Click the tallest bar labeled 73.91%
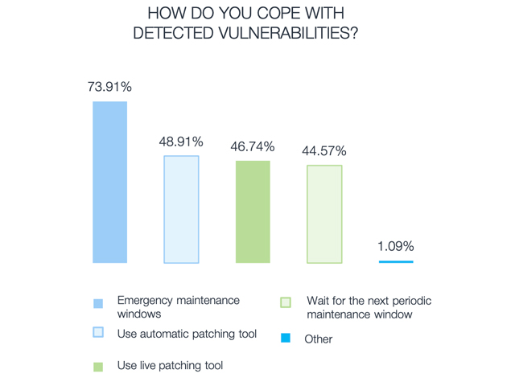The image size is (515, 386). tap(109, 183)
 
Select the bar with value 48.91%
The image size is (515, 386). tap(181, 209)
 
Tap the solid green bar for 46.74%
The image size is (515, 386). tap(253, 211)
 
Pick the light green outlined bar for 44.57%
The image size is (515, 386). tap(324, 214)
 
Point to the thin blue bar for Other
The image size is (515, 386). tap(395, 261)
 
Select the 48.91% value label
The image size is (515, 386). tap(181, 142)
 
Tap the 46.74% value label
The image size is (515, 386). tap(253, 147)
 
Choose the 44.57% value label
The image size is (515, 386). tap(324, 151)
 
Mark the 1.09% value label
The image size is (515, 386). tap(396, 246)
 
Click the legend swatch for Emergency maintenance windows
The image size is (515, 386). tap(98, 303)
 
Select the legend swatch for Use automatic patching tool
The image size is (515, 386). tap(98, 332)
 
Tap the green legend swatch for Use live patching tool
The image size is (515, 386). tap(98, 367)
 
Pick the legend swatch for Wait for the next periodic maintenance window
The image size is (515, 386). tap(286, 302)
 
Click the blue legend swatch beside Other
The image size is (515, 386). tap(286, 339)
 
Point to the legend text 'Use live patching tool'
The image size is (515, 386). tap(170, 366)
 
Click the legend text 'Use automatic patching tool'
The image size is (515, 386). tap(187, 333)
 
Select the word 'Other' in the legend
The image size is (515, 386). tap(318, 339)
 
